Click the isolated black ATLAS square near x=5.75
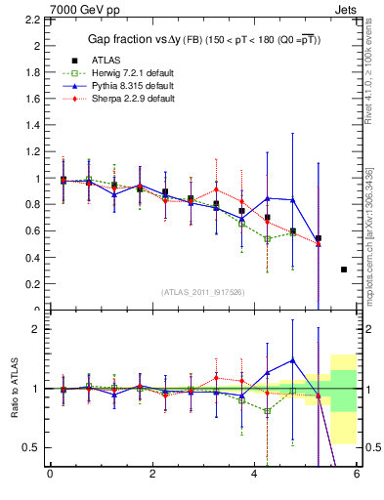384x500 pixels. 344,269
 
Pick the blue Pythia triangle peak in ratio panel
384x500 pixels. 292,360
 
